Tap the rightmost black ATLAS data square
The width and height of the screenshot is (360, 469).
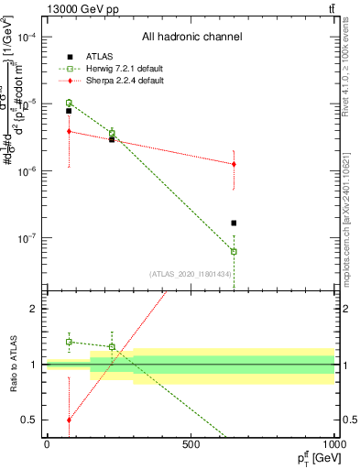[x=234, y=223]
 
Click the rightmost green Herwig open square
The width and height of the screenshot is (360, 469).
[x=234, y=251]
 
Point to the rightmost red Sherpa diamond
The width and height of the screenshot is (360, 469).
[x=234, y=164]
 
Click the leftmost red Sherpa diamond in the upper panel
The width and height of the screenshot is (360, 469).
[x=69, y=131]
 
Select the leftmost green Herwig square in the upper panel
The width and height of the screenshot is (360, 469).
[x=69, y=103]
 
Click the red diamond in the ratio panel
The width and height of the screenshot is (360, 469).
[x=69, y=420]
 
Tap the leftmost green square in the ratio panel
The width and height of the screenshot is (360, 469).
[x=69, y=342]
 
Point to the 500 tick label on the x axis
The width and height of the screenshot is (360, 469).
[x=191, y=444]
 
